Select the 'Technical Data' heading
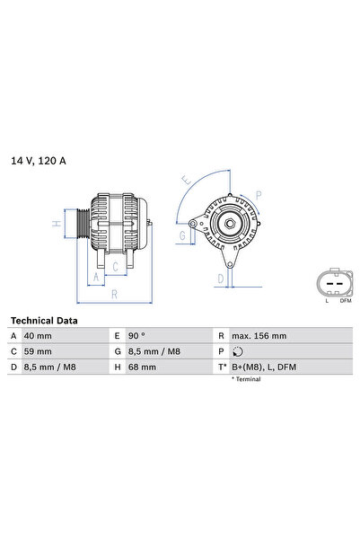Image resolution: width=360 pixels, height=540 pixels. (x=44, y=320)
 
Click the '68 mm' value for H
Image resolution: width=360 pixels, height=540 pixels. (x=143, y=367)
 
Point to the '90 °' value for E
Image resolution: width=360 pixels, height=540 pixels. (x=140, y=335)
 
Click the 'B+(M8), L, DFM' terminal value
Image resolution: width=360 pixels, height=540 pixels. (x=264, y=367)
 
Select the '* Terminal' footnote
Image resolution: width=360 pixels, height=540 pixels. (x=245, y=380)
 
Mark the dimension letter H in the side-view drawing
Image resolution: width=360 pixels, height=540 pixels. (x=56, y=224)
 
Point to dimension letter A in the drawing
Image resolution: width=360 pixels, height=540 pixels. (x=95, y=277)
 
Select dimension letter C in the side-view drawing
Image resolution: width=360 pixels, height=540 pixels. (x=115, y=266)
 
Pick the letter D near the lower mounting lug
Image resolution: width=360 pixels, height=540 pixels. (x=219, y=279)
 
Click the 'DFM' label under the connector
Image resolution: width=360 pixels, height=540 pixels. (x=346, y=301)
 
